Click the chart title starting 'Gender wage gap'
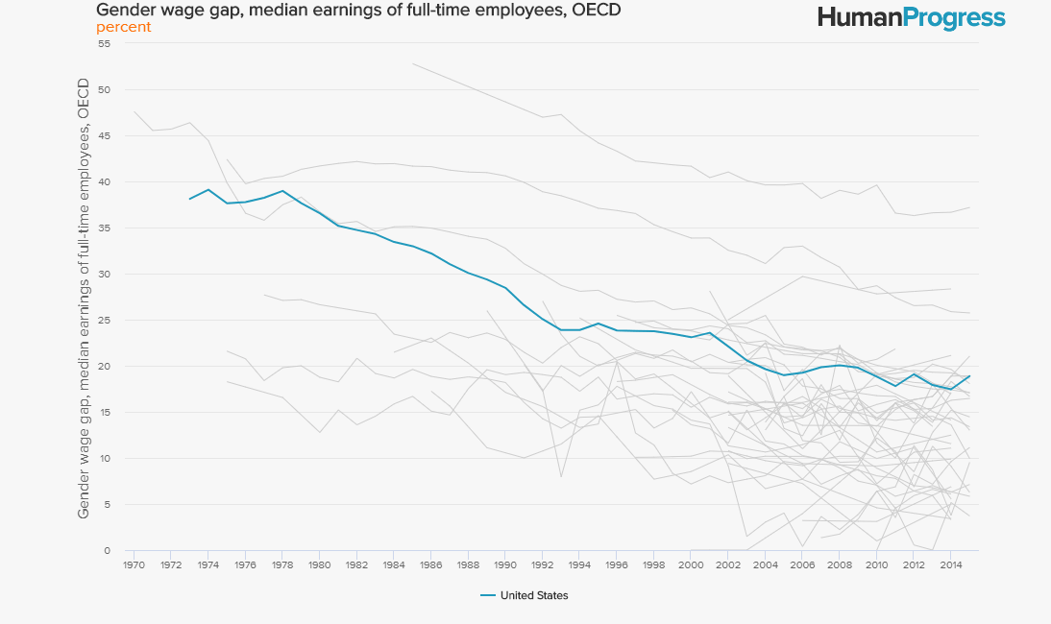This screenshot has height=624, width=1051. (x=357, y=11)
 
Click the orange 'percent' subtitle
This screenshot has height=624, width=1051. (x=123, y=27)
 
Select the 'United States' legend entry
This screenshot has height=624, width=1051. (x=533, y=595)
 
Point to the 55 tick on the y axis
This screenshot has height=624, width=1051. (x=105, y=44)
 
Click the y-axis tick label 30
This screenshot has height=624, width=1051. (x=105, y=275)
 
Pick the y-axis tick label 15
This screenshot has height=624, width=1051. (x=105, y=413)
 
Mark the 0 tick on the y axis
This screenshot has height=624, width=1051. (x=108, y=551)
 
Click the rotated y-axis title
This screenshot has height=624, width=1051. (x=84, y=299)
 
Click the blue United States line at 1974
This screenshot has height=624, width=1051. (x=208, y=190)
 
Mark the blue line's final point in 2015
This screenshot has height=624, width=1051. (x=969, y=376)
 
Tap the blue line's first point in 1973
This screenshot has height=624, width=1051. (x=189, y=199)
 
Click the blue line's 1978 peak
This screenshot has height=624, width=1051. (x=282, y=191)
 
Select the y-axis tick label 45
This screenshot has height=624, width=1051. (x=105, y=136)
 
